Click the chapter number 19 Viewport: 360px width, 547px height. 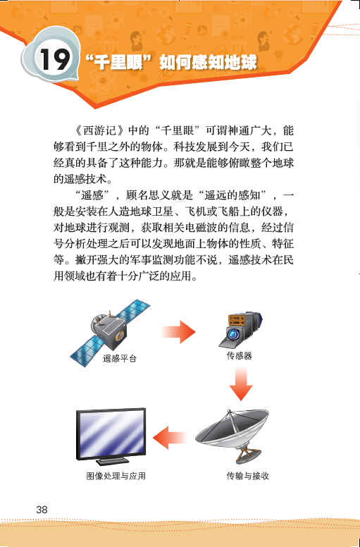tap(55, 59)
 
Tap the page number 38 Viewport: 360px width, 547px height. tap(42, 510)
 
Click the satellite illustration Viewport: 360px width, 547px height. tap(110, 331)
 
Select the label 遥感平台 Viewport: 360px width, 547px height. tap(120, 358)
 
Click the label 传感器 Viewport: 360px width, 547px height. tap(240, 355)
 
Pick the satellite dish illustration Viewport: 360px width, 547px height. tap(232, 436)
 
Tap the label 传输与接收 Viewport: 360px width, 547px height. tap(248, 476)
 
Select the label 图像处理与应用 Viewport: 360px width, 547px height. tap(116, 476)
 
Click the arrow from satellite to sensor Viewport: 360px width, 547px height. tap(178, 332)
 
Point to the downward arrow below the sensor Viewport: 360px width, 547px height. tap(241, 383)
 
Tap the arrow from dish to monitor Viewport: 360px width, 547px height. tap(170, 438)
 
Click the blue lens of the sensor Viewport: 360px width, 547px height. tap(232, 334)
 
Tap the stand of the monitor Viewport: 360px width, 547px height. tap(111, 460)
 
